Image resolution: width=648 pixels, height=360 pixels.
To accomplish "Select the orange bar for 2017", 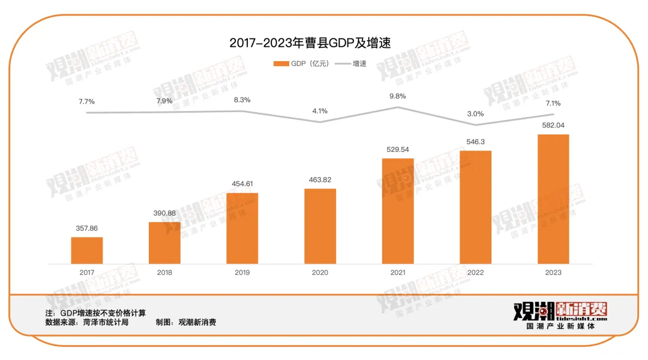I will coord(87,250).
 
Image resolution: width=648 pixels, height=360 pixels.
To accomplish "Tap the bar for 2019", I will coord(242,228).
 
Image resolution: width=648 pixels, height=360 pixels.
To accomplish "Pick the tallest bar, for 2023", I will coord(553,199).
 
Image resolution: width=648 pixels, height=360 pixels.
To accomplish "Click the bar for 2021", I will coord(398,211).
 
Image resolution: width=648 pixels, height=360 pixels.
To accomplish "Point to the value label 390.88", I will coord(164,213).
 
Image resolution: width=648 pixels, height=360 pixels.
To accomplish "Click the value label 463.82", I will coord(320,179).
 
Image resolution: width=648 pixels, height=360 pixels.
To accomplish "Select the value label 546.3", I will coord(475,142).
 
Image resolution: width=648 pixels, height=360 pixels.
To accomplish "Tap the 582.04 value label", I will coord(553,125).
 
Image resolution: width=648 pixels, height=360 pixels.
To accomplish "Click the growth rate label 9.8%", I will coord(398,96).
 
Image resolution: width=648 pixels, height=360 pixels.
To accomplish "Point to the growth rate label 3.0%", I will coord(475,113).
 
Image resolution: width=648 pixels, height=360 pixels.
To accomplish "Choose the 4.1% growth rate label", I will coord(320,111).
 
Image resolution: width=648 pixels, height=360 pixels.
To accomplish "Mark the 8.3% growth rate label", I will coord(242,100).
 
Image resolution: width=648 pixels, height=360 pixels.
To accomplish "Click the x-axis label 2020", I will coord(320,272).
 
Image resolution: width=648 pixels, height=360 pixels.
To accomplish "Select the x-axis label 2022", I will coord(475,272).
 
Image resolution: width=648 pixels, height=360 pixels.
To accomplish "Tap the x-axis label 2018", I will coord(164,272).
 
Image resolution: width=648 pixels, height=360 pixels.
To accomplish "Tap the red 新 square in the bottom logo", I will coord(568,310).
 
